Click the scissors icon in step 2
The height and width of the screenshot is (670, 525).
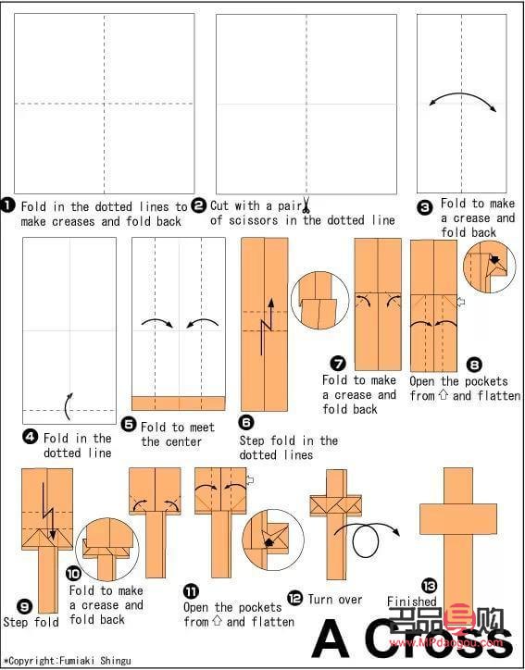(x=306, y=205)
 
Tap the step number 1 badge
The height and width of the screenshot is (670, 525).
(x=8, y=206)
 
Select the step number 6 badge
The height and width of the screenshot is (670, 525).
(x=247, y=423)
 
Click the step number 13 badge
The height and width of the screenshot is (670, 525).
(x=429, y=585)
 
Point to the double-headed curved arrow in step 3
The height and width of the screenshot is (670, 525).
(x=463, y=95)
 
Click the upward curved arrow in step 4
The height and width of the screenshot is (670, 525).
(x=68, y=406)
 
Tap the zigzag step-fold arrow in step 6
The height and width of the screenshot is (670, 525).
(x=267, y=327)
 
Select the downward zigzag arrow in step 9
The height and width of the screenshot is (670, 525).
(x=48, y=508)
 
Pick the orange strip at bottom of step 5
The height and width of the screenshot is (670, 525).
(x=179, y=403)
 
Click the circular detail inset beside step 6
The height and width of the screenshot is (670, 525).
(x=319, y=301)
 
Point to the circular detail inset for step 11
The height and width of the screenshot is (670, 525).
(x=273, y=540)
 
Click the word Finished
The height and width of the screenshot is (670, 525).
(x=412, y=602)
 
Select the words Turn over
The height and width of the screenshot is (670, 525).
(x=335, y=600)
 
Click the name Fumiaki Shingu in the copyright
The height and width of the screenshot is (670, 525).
(x=94, y=661)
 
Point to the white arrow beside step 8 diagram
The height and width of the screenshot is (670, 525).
(x=460, y=302)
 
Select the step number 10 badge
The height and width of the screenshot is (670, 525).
(x=73, y=575)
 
